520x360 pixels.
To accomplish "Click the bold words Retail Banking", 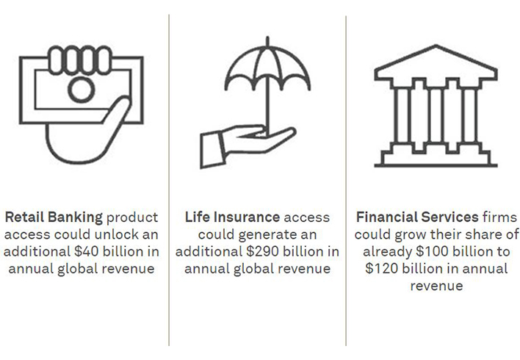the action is click(x=54, y=217).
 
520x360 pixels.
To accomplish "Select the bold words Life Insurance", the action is click(x=232, y=217).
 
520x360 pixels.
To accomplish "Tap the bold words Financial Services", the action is click(x=417, y=217).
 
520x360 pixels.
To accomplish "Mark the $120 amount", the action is click(x=382, y=268).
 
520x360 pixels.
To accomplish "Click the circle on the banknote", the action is click(x=82, y=90).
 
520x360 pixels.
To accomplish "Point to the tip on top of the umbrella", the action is click(x=267, y=37).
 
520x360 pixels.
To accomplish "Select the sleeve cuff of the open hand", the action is click(x=213, y=150).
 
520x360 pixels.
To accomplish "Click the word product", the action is click(x=132, y=217).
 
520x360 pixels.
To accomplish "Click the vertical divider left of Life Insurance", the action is click(x=169, y=180).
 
